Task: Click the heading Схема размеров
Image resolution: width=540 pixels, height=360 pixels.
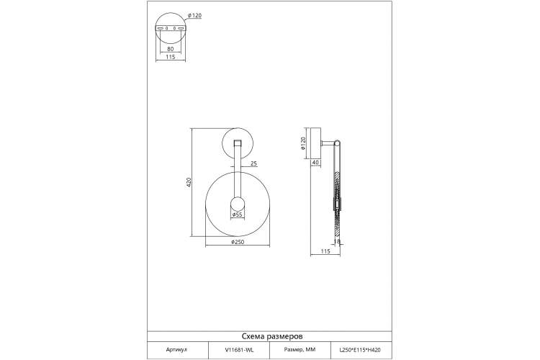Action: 272,336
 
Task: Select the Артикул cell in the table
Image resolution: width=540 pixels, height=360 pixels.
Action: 176,350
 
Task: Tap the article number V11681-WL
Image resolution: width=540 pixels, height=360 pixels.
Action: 239,350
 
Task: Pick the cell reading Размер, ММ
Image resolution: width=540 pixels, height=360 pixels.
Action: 300,350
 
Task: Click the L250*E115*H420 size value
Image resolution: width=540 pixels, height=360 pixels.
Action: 360,350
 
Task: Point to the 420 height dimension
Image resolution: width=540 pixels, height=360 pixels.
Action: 189,182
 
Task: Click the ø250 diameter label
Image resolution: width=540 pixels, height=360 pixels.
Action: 238,242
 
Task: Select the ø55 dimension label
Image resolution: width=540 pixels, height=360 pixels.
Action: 238,215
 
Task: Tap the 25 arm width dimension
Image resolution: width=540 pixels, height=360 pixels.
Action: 253,163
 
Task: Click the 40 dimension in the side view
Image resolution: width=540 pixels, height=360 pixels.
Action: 315,162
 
